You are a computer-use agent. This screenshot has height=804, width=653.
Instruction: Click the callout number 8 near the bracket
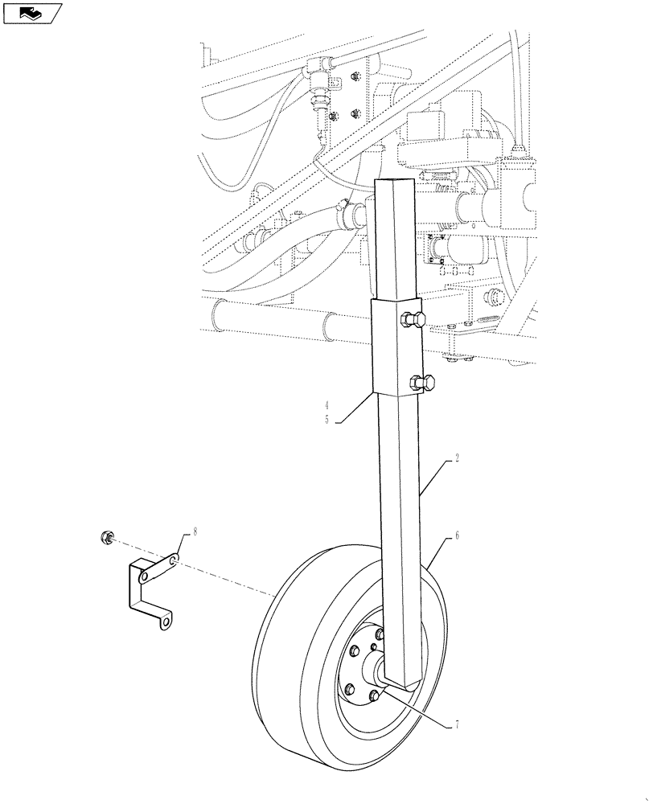(x=194, y=531)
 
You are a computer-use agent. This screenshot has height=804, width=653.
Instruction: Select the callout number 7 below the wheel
(x=458, y=725)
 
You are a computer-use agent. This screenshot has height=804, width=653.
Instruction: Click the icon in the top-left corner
(x=32, y=13)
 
